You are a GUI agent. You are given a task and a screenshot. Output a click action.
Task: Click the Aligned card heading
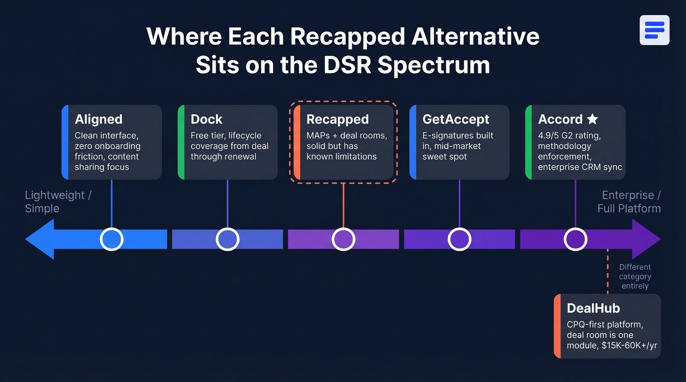(x=98, y=119)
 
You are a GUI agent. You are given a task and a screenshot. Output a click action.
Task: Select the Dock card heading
(x=206, y=119)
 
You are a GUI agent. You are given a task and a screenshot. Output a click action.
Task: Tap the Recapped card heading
(x=337, y=119)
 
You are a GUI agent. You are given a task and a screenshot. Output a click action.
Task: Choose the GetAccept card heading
(x=456, y=119)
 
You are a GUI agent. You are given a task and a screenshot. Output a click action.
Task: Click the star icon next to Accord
(x=592, y=119)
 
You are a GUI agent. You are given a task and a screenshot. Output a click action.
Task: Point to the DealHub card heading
(x=593, y=308)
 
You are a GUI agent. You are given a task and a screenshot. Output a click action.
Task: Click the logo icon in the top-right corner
(x=654, y=30)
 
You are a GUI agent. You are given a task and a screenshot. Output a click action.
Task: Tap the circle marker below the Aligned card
(x=112, y=239)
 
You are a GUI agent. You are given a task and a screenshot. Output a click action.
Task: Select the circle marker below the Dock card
(x=227, y=239)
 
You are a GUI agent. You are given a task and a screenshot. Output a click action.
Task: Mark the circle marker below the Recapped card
(x=343, y=239)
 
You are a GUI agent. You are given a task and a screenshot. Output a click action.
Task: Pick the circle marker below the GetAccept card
(x=460, y=239)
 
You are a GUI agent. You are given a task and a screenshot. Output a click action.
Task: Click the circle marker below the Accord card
(x=575, y=239)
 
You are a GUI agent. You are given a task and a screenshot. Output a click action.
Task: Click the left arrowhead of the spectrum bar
(x=39, y=239)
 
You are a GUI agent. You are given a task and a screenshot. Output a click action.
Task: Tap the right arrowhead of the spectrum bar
(x=647, y=239)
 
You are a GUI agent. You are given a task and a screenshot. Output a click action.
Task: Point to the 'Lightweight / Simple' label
(x=58, y=202)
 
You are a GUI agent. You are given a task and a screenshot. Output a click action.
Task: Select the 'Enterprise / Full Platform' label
(x=629, y=202)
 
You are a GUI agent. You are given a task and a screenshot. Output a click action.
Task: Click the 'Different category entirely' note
(x=635, y=276)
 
